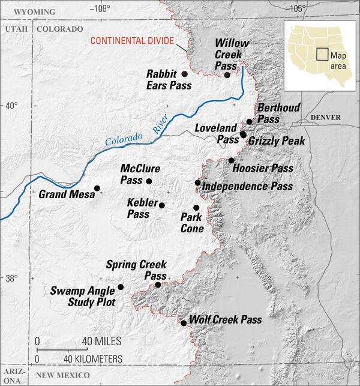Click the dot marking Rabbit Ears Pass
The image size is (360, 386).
click(x=185, y=73)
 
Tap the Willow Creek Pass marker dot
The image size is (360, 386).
click(x=227, y=74)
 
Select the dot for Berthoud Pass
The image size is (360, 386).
click(x=249, y=121)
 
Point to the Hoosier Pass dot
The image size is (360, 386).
click(x=231, y=160)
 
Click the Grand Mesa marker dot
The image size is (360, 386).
click(x=97, y=188)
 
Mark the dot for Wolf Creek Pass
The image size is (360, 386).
click(x=183, y=323)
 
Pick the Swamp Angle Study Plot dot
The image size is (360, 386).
click(x=121, y=287)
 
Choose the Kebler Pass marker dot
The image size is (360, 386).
click(x=161, y=205)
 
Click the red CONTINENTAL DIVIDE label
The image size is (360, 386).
click(x=131, y=41)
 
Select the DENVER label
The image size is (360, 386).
click(x=326, y=117)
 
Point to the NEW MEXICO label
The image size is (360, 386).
click(x=62, y=375)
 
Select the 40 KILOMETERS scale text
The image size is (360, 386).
click(x=93, y=358)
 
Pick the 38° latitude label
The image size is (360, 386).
click(x=12, y=279)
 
